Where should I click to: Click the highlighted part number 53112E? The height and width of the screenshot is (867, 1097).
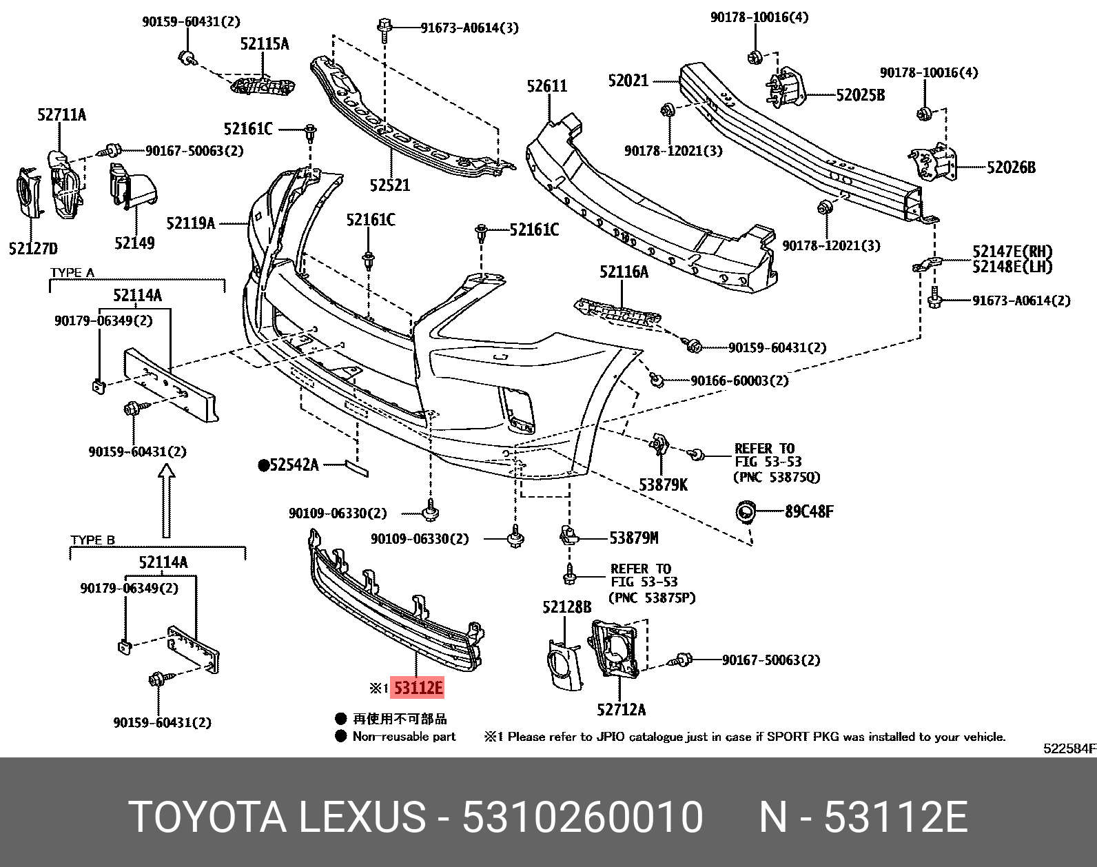418,688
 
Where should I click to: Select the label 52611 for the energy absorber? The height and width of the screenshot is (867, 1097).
547,86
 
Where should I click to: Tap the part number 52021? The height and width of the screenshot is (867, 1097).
628,81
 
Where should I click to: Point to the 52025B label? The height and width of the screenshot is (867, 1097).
860,95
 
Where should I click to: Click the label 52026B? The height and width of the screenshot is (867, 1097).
1011,167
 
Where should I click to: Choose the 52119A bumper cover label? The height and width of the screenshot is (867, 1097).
190,223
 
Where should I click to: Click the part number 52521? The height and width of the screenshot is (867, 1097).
389,185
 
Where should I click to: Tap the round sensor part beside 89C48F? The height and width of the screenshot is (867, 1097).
746,512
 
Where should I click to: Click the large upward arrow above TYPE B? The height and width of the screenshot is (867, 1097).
166,500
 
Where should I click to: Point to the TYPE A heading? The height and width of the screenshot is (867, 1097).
72,273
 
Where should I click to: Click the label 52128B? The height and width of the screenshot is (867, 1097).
566,607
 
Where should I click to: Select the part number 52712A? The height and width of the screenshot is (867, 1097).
621,709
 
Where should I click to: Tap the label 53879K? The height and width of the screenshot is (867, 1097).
663,485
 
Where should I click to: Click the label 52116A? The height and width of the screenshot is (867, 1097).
624,272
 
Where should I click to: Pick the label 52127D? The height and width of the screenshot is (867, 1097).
33,248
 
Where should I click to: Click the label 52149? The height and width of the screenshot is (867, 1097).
134,243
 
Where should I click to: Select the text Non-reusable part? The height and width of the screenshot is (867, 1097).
404,737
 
